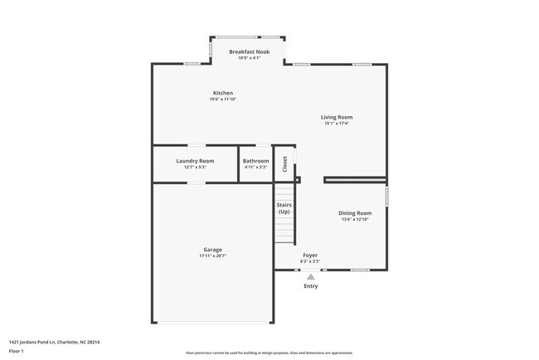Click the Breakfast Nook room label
249,51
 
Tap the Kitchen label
222,93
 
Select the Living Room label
337,117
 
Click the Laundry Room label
195,161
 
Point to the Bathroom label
255,161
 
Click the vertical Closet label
284,163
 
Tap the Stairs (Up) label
284,207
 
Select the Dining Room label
354,213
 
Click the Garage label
212,250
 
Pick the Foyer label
309,255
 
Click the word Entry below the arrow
310,286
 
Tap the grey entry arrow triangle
310,276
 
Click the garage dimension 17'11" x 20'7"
212,256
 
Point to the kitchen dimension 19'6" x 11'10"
222,100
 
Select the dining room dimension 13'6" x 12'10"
354,220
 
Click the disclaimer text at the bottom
269,353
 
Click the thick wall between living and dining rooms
354,178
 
